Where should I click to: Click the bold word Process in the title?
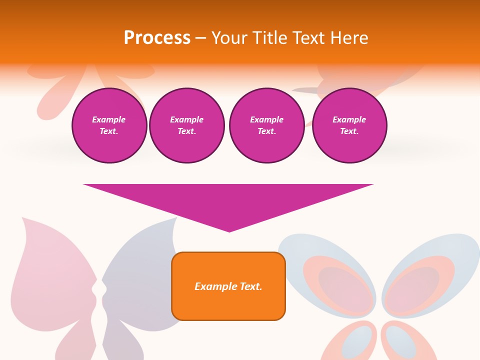coord(157,38)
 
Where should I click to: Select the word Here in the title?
coord(350,38)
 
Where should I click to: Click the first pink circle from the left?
coord(109,125)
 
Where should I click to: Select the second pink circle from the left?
coord(187,125)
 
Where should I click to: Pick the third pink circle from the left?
coord(266,125)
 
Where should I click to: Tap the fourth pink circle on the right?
coord(349,125)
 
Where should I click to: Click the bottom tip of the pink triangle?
coord(229,230)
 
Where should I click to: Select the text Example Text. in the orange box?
coord(228,286)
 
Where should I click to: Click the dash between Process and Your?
coord(200,38)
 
